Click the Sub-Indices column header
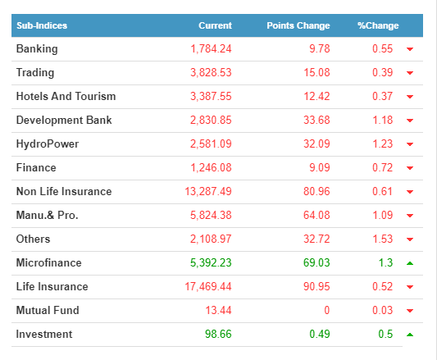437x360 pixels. tap(42, 25)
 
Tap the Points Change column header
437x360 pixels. tap(298, 25)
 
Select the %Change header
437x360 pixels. tap(378, 25)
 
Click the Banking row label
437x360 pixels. tap(37, 49)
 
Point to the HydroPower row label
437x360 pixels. tap(48, 144)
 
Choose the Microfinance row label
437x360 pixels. tap(48, 263)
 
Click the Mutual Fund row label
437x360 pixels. tap(48, 310)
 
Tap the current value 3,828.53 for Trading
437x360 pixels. tap(211, 72)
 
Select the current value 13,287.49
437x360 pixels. tap(208, 192)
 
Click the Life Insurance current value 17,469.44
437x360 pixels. tap(208, 287)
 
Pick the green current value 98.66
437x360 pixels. tap(218, 334)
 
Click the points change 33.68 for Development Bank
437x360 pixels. tap(316, 121)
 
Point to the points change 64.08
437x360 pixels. tap(316, 216)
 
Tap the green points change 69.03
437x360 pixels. tap(316, 262)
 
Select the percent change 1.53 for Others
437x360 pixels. tap(383, 239)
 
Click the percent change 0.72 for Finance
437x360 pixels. tap(383, 167)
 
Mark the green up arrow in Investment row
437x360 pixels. tap(410, 335)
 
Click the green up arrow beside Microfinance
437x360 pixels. tap(410, 263)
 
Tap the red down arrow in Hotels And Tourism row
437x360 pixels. tap(410, 97)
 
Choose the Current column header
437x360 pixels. tap(215, 25)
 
